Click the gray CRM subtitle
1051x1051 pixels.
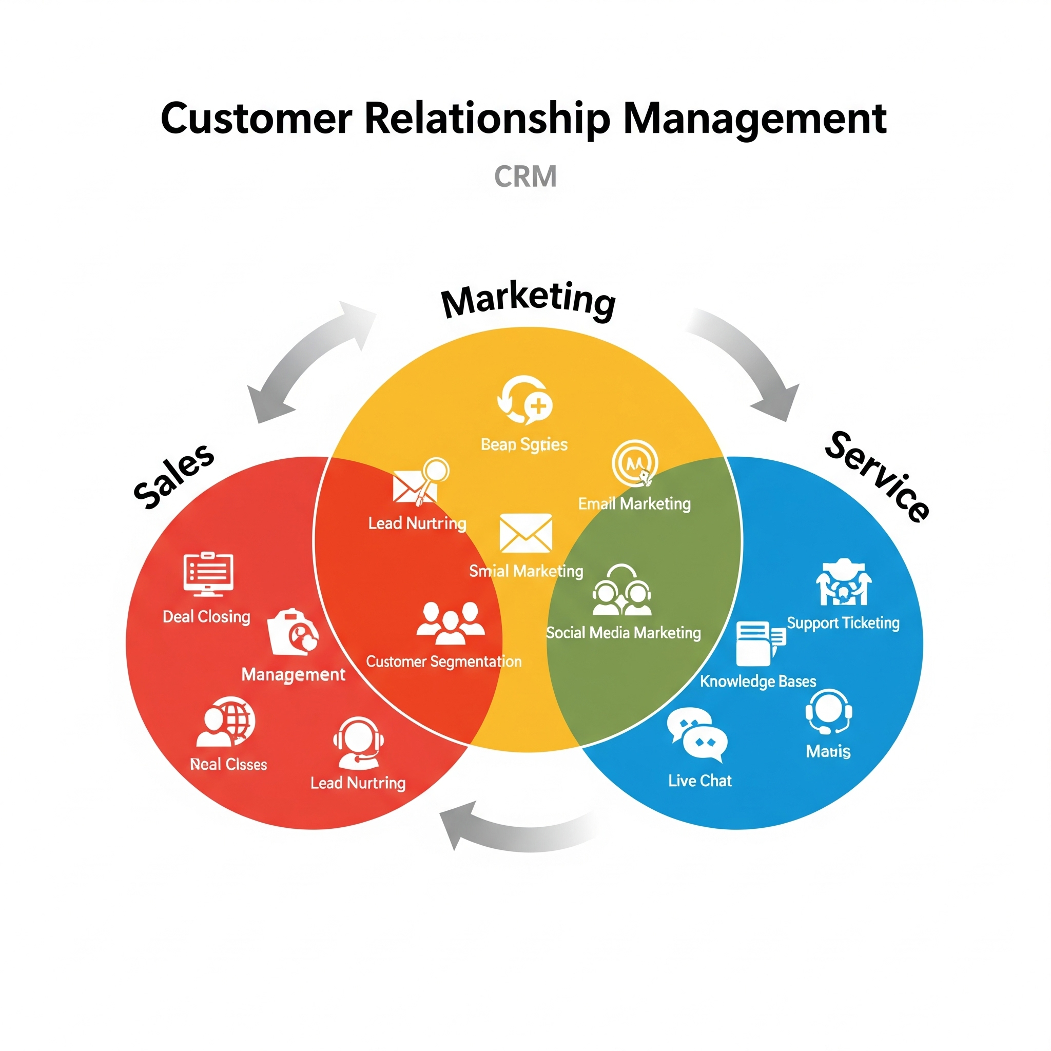pyautogui.click(x=525, y=177)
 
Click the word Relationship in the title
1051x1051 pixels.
pyautogui.click(x=487, y=118)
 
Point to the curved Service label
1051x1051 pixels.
pyautogui.click(x=877, y=477)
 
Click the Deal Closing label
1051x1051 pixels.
pyautogui.click(x=206, y=617)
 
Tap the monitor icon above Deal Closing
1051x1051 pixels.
pyautogui.click(x=208, y=574)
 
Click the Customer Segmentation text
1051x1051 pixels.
pyautogui.click(x=443, y=662)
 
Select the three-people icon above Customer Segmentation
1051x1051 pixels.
pyautogui.click(x=450, y=624)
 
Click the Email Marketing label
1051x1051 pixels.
pyautogui.click(x=634, y=504)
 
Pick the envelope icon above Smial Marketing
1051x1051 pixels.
pyautogui.click(x=525, y=533)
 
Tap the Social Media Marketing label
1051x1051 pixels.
pyautogui.click(x=623, y=633)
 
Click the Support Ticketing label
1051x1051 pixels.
pyautogui.click(x=843, y=623)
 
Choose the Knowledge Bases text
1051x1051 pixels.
pyautogui.click(x=758, y=682)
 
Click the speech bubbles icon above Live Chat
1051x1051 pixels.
pyautogui.click(x=697, y=734)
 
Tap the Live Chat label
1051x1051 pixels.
pyautogui.click(x=699, y=781)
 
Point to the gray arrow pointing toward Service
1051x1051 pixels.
pyautogui.click(x=751, y=362)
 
